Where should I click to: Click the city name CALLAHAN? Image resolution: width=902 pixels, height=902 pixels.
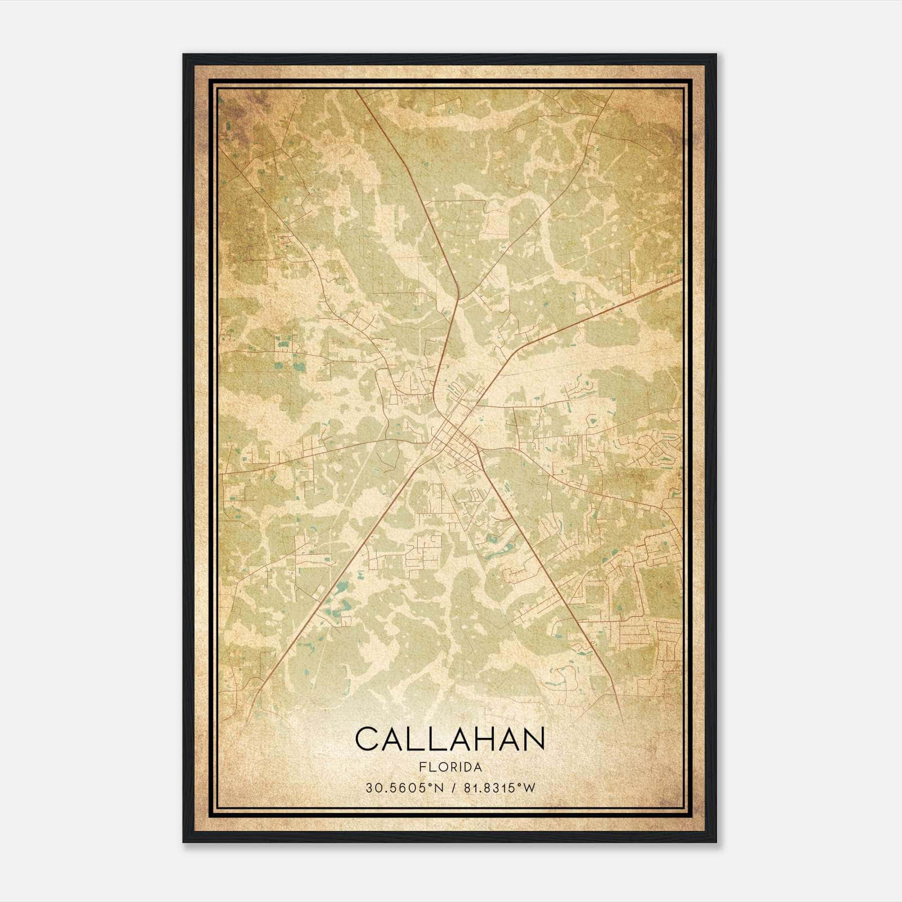(x=450, y=739)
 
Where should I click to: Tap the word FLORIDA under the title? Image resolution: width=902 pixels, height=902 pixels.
(x=450, y=767)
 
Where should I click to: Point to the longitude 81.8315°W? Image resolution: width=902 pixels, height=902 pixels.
(x=499, y=788)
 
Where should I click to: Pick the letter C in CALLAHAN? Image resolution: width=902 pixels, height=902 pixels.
(x=367, y=739)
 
